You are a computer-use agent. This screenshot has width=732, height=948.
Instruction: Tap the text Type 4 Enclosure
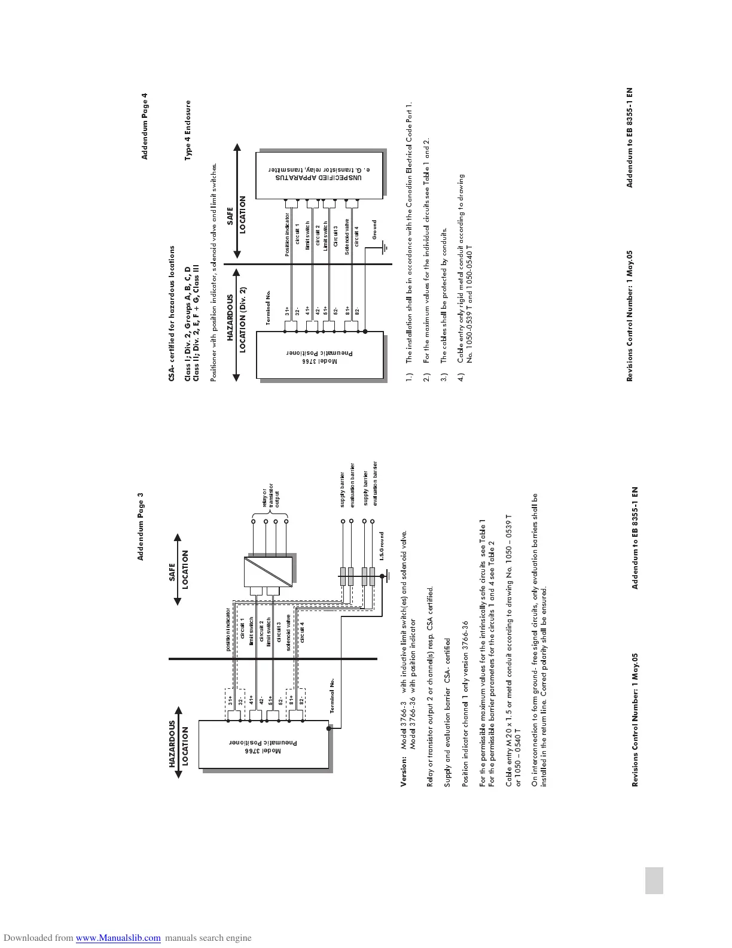pos(188,130)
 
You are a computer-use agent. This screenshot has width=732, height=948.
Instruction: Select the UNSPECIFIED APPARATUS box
pos(319,176)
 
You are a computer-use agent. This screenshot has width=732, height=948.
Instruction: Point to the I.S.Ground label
pos(381,546)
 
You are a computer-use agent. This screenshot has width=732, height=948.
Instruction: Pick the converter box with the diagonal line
pos(269,572)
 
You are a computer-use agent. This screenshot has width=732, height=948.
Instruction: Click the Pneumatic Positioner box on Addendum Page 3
pos(264,744)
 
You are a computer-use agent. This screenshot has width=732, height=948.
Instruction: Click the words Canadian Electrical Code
pos(409,164)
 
